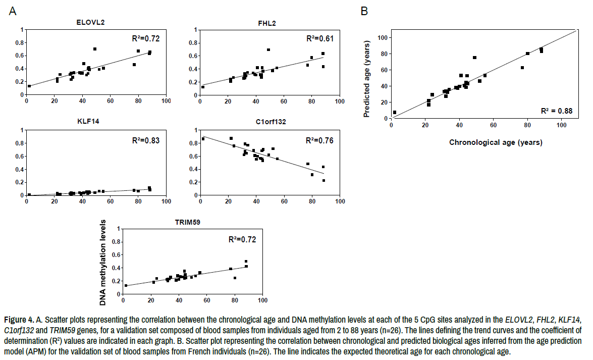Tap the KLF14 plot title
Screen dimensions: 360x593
pos(91,122)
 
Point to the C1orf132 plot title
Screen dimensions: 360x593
pos(266,122)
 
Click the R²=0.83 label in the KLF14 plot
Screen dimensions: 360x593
pos(146,140)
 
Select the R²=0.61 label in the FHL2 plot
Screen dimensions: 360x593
pos(320,39)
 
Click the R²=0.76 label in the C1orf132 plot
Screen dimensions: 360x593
pos(319,140)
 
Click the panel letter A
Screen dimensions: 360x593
pos(12,11)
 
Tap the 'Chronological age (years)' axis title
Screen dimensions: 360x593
pos(496,143)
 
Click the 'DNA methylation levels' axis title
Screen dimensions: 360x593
pos(104,263)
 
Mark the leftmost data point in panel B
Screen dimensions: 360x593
pos(395,113)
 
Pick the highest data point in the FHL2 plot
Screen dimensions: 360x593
pos(268,50)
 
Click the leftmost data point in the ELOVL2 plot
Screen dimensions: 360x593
pos(29,86)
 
